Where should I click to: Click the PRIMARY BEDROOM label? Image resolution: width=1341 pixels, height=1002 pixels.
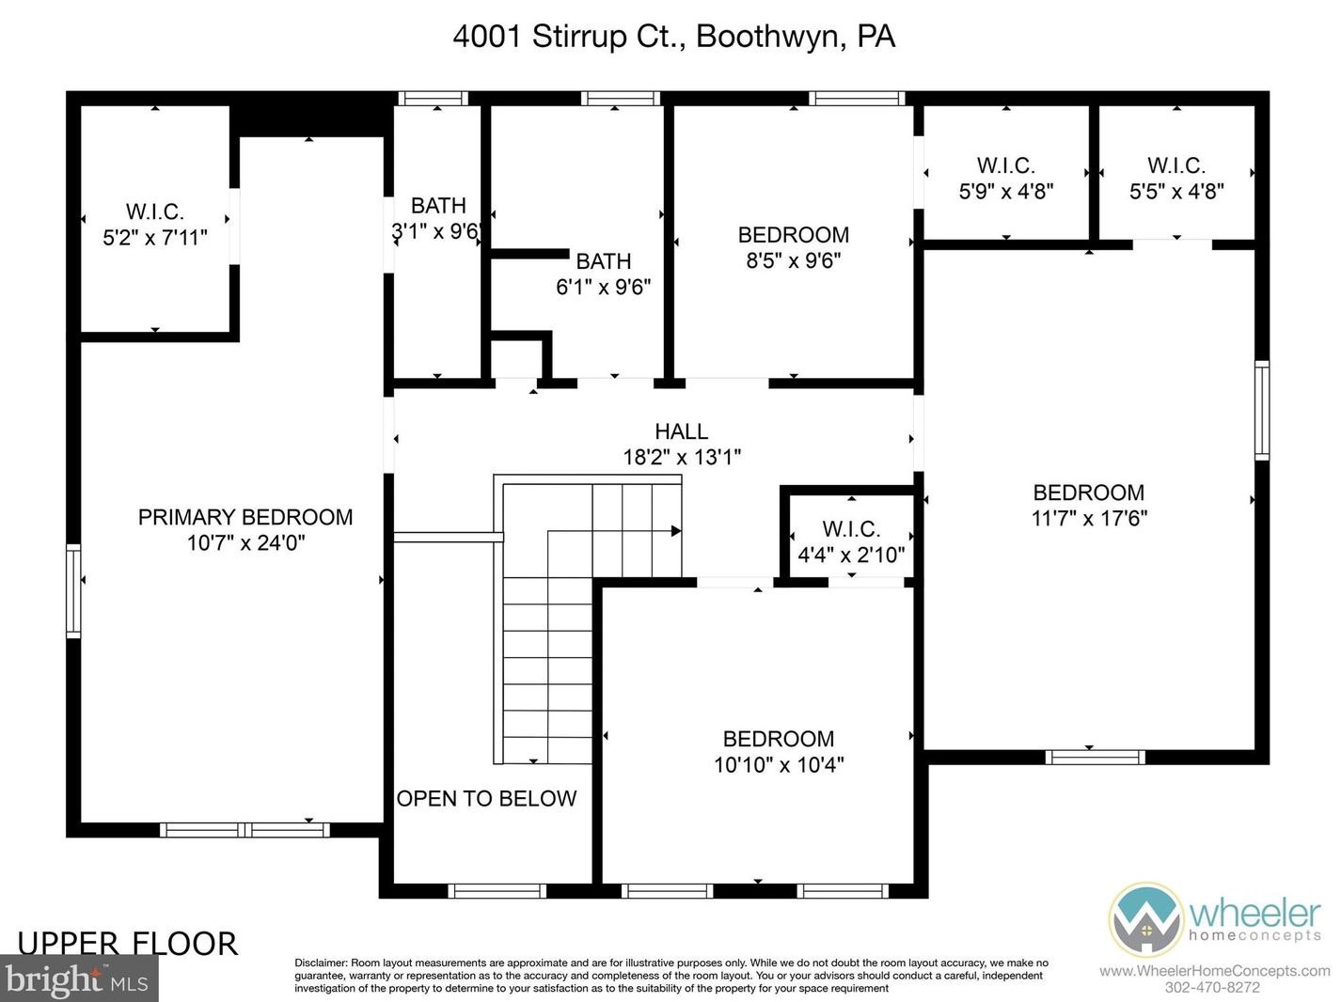pyautogui.click(x=245, y=517)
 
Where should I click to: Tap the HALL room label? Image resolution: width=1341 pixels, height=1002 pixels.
pyautogui.click(x=681, y=431)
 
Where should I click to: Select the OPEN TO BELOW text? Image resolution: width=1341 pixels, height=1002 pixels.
pyautogui.click(x=486, y=798)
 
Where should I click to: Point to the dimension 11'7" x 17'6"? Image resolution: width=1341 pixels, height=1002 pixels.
pyautogui.click(x=1089, y=519)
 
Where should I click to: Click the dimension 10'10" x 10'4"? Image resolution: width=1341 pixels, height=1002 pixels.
pyautogui.click(x=779, y=764)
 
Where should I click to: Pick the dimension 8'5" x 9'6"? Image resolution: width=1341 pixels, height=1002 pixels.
pyautogui.click(x=793, y=260)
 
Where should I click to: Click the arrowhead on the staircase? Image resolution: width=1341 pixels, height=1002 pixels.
pyautogui.click(x=676, y=531)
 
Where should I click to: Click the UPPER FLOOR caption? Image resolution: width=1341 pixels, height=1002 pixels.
pyautogui.click(x=127, y=944)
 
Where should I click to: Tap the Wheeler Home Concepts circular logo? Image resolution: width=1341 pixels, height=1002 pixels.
pyautogui.click(x=1145, y=919)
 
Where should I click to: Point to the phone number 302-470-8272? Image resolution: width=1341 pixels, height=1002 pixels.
pyautogui.click(x=1212, y=987)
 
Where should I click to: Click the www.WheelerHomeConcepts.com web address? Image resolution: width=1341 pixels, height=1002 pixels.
pyautogui.click(x=1215, y=971)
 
